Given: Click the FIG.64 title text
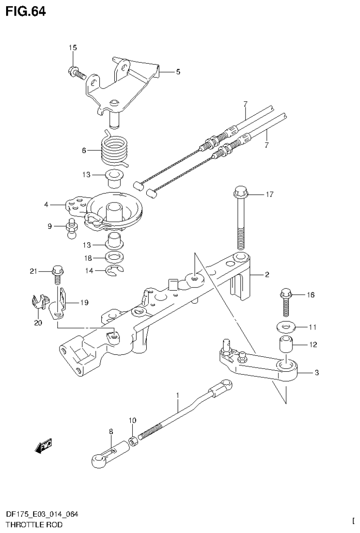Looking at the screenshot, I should pyautogui.click(x=26, y=12).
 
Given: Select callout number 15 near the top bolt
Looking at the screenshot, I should pyautogui.click(x=73, y=48).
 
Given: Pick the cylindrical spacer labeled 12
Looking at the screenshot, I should pyautogui.click(x=285, y=345).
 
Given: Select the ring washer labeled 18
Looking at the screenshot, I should pyautogui.click(x=113, y=257).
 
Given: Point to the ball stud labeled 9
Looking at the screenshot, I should pyautogui.click(x=72, y=228).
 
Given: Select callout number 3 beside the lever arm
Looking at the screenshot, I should pyautogui.click(x=316, y=373).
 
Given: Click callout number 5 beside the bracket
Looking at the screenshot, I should pyautogui.click(x=178, y=72).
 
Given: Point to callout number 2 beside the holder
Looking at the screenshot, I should pyautogui.click(x=266, y=275).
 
